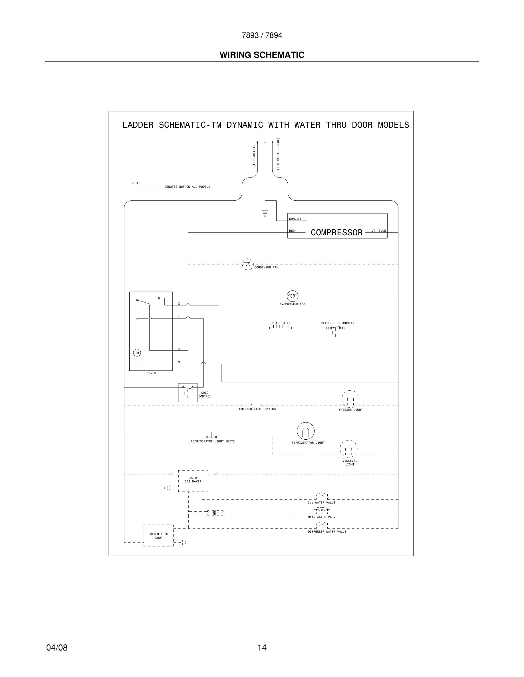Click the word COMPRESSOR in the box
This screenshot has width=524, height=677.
click(336, 233)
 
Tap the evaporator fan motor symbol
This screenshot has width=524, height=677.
click(293, 296)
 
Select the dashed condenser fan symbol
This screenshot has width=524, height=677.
click(247, 264)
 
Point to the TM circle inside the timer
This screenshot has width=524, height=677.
click(137, 353)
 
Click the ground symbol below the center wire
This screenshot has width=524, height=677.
click(265, 213)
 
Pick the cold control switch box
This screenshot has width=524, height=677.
click(188, 392)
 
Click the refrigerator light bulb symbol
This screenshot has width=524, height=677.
click(305, 431)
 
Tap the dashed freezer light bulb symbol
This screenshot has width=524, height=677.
click(350, 399)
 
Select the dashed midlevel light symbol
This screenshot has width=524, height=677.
click(348, 449)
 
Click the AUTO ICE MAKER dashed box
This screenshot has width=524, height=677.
click(193, 481)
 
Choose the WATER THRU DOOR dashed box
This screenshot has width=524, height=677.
click(159, 536)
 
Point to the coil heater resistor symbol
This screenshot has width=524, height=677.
click(281, 327)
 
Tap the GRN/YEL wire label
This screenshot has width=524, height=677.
click(295, 219)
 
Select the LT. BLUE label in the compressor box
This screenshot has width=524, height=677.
click(378, 231)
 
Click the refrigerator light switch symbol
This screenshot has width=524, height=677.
click(211, 436)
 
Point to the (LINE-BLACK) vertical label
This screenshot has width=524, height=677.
click(254, 156)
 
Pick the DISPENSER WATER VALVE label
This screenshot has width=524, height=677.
click(327, 532)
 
